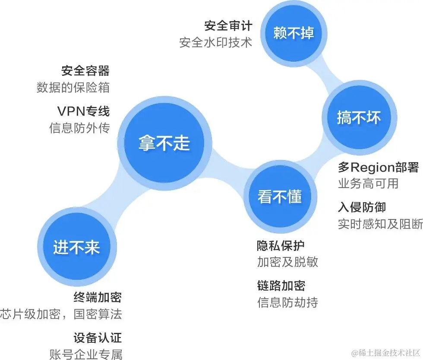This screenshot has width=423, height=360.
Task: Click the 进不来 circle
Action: [x=76, y=247]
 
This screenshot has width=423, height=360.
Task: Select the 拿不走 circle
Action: [x=164, y=143]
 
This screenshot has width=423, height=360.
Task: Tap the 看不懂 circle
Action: [x=280, y=197]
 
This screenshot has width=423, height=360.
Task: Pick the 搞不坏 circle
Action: [x=359, y=117]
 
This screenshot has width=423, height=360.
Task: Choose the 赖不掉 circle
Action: [x=294, y=33]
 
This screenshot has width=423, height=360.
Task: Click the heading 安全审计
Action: [x=228, y=25]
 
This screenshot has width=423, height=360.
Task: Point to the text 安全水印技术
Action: [x=215, y=43]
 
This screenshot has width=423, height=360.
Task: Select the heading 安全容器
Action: [x=85, y=70]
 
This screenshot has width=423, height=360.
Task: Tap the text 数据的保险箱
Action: [x=73, y=88]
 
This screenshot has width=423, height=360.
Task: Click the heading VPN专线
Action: [x=83, y=111]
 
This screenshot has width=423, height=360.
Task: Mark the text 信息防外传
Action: [x=79, y=128]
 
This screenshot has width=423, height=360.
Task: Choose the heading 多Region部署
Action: [x=378, y=167]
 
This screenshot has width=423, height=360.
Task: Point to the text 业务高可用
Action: [x=368, y=184]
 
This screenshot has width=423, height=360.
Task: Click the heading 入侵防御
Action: [x=362, y=207]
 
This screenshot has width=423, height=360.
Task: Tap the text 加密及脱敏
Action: [x=287, y=262]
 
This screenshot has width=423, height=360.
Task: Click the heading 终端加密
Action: [x=98, y=297]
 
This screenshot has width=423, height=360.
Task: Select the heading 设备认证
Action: [x=98, y=337]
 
